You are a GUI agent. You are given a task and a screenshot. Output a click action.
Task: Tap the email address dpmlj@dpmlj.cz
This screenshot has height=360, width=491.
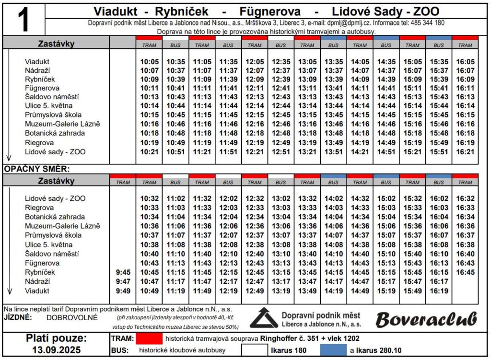tap(349, 23)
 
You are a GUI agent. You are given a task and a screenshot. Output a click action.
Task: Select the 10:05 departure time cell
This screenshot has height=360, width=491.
tap(149, 62)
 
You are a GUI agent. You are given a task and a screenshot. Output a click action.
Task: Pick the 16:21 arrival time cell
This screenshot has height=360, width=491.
tap(465, 152)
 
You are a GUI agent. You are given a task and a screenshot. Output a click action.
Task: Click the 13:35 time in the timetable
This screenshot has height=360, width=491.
tap(333, 62)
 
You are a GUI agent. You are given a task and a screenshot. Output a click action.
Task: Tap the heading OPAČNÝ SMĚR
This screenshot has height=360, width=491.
tap(37, 169)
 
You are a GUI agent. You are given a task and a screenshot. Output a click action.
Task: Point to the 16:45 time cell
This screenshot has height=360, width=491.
tap(465, 272)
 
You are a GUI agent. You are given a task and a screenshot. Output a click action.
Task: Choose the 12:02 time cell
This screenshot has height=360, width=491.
tap(228, 198)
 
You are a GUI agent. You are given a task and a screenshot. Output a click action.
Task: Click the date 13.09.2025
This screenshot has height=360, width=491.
tap(56, 350)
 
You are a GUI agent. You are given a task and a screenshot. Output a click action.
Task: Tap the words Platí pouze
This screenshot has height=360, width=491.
tap(56, 338)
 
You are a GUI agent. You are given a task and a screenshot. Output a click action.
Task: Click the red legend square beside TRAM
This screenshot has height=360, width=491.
tap(149, 338)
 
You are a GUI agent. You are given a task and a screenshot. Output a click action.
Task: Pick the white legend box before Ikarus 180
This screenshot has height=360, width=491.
tap(254, 350)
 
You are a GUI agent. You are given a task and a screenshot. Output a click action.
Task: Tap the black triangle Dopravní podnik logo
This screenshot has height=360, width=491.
tap(263, 318)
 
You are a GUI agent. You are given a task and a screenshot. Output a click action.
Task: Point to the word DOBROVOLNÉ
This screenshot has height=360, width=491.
tap(72, 317)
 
